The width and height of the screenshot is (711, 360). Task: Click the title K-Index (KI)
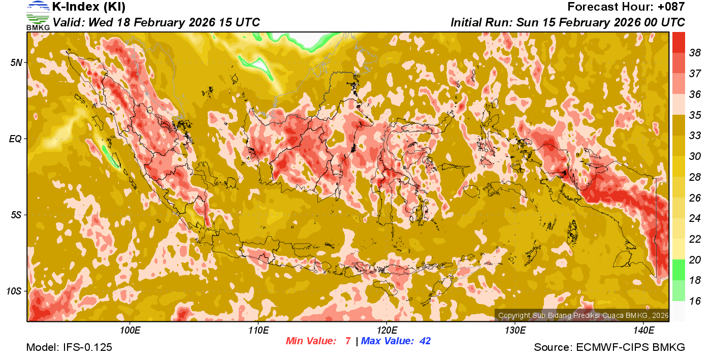click(89, 7)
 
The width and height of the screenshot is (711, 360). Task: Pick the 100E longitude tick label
click(130, 331)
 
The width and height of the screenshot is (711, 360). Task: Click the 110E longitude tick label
click(258, 331)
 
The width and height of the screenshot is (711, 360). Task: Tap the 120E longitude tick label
click(386, 331)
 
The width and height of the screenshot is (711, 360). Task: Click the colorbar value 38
click(695, 52)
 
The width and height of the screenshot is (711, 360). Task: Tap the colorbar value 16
click(695, 301)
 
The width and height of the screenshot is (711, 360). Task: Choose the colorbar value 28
click(695, 177)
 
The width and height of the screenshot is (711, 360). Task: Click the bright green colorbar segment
click(679, 269)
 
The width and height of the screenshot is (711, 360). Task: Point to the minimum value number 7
click(348, 341)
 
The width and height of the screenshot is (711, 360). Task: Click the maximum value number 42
click(425, 341)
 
